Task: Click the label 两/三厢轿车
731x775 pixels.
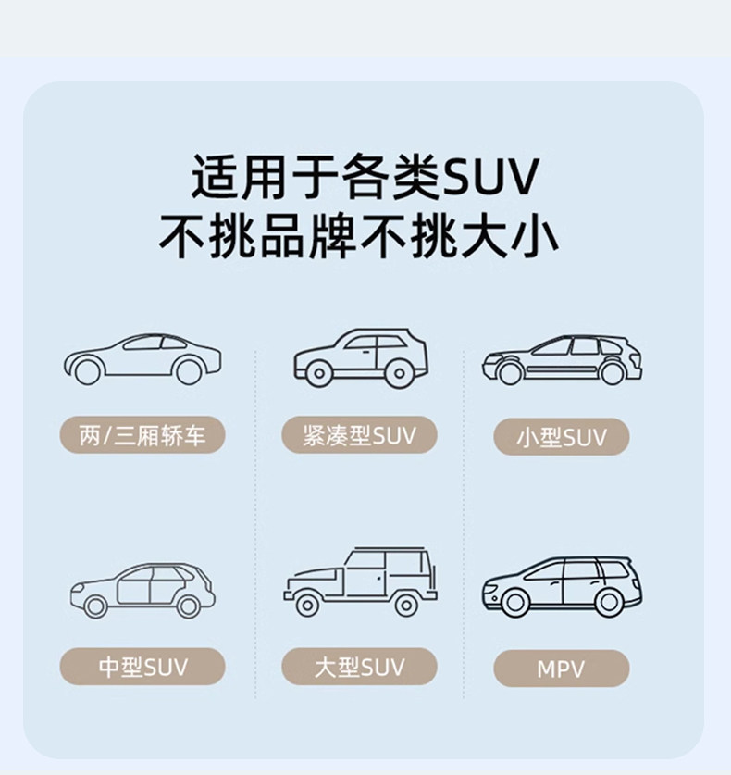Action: pos(142,435)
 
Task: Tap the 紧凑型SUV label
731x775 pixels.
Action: pos(360,435)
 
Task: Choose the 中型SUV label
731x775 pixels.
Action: pos(142,667)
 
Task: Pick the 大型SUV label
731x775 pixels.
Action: pos(360,667)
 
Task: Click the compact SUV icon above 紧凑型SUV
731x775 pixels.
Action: pos(361,356)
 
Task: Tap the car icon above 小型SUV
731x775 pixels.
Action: pos(561,359)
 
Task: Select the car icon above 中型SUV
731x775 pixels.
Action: pos(142,589)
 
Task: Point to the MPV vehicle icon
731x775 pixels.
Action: pos(561,585)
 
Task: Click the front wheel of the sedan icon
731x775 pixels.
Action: pos(87,372)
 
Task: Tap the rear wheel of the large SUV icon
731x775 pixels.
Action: pos(405,605)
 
